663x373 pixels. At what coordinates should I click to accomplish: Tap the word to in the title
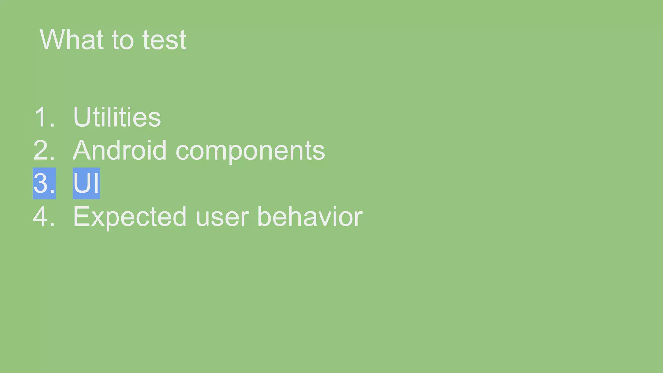(123, 40)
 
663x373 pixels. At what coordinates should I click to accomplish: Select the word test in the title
(164, 40)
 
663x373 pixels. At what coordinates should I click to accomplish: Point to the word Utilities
(117, 117)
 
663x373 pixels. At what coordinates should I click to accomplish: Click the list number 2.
(44, 150)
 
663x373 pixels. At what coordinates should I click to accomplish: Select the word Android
(120, 150)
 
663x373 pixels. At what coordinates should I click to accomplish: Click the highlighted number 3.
(44, 183)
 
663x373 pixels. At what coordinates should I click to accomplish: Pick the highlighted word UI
(86, 183)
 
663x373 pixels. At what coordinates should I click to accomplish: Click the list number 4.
(44, 216)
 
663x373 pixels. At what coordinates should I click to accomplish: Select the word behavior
(310, 216)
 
